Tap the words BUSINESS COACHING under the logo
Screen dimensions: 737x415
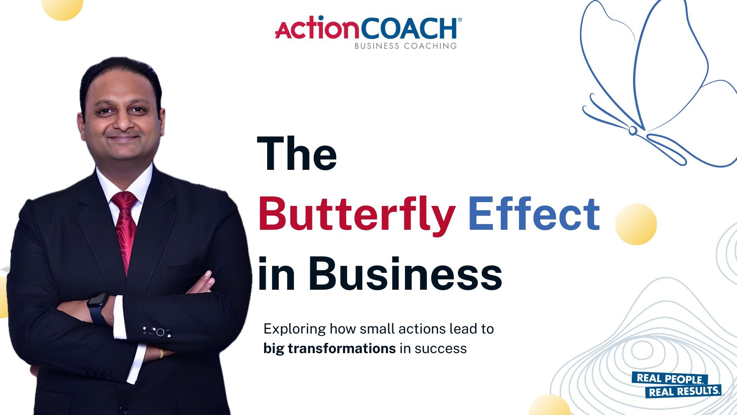click(406, 46)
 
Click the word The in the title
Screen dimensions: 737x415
click(297, 153)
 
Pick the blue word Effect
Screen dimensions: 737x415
click(534, 213)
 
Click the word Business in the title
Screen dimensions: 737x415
click(405, 273)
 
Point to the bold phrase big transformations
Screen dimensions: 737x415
click(329, 349)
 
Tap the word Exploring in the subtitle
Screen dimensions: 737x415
click(295, 329)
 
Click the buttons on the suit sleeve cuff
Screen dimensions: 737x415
click(157, 332)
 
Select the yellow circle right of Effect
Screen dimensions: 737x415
click(636, 224)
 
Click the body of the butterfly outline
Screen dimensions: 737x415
click(633, 131)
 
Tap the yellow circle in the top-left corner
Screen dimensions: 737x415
click(62, 8)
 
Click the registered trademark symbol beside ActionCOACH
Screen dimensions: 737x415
click(460, 20)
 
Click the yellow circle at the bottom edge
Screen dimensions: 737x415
click(550, 405)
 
